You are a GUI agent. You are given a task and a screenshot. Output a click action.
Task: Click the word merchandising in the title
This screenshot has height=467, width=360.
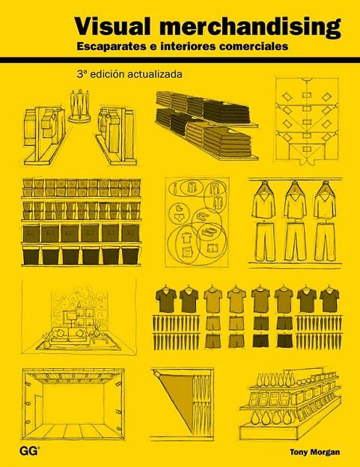coord(250,27)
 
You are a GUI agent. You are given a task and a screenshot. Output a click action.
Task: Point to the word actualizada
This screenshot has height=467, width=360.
coord(154,74)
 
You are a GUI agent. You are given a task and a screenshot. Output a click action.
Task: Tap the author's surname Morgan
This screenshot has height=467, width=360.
coord(325,452)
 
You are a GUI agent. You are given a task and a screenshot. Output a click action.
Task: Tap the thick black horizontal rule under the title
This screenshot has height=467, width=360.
coord(180,60)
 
